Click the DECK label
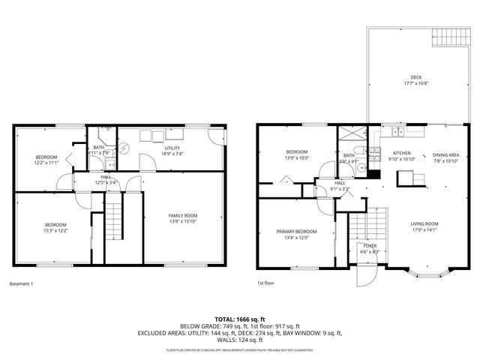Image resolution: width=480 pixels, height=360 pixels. [x=415, y=77]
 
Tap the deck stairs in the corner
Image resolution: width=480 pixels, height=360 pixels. [x=451, y=37]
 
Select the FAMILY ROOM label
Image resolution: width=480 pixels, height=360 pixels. [x=182, y=215]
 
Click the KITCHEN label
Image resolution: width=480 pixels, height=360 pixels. [x=403, y=153]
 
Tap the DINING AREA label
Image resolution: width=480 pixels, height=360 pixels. [x=445, y=153]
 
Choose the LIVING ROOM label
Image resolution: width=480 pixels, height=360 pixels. [x=424, y=223]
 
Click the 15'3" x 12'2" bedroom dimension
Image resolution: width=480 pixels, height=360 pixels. [x=55, y=231]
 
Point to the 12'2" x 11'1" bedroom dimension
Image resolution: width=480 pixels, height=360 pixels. [x=46, y=163]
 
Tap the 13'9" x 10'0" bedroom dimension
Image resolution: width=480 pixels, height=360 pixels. [x=296, y=158]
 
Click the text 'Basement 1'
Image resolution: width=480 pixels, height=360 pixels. [x=22, y=283]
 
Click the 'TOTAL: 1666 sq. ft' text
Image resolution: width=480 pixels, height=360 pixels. [x=239, y=319]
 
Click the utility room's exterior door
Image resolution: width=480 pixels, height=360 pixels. [x=216, y=138]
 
